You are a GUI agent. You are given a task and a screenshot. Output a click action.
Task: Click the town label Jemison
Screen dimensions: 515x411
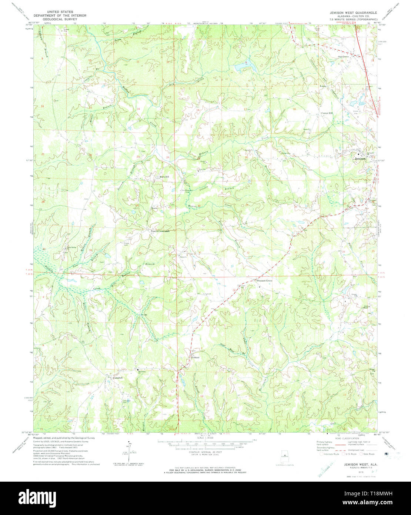coord(360,159)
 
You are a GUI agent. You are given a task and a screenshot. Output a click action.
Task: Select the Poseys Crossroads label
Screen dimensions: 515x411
coord(160,231)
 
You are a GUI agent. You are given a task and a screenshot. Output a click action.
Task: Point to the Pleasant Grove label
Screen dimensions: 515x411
coord(264,281)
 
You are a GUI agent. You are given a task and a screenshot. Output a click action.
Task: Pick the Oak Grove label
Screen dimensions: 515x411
coord(344,57)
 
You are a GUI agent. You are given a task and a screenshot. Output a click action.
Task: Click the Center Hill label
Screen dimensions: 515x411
coord(327,113)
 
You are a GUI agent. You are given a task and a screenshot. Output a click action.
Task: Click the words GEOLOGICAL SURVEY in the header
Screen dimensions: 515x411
coord(60,19)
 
